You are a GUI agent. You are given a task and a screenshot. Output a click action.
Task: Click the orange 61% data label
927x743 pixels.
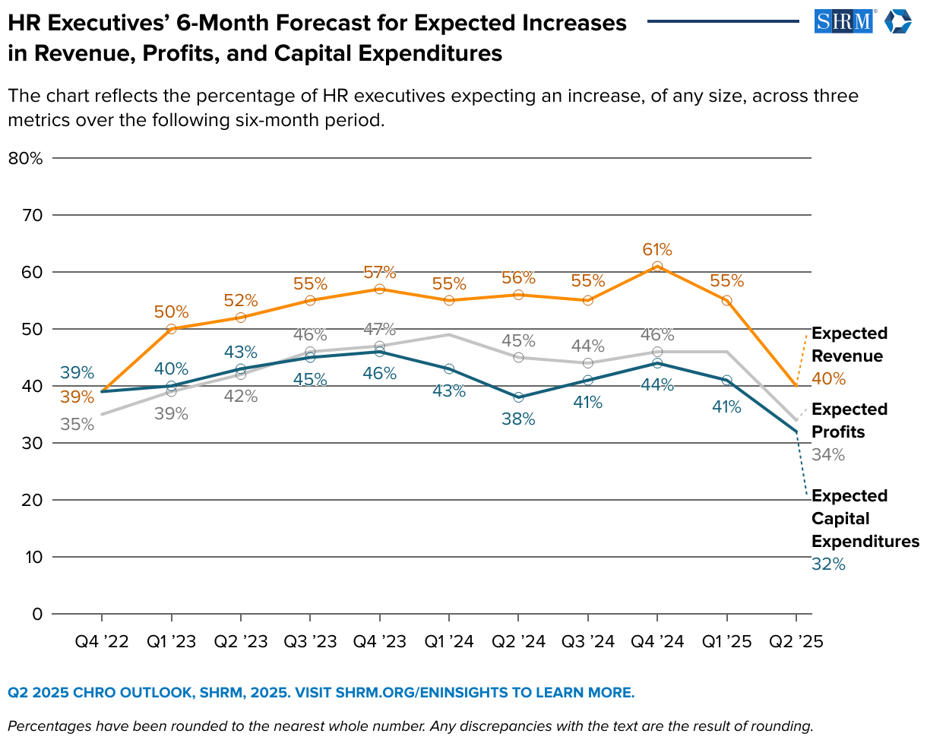[x=657, y=249]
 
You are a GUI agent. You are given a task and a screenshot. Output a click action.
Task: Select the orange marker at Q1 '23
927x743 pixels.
[x=171, y=329]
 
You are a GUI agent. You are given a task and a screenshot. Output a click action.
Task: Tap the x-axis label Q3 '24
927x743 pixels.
[x=587, y=642]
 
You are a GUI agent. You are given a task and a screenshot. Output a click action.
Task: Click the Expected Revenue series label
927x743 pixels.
[x=849, y=345]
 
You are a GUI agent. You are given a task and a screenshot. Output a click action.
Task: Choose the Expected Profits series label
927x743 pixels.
[x=849, y=420]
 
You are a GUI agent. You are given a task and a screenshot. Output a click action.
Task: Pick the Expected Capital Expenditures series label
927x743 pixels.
[x=865, y=518]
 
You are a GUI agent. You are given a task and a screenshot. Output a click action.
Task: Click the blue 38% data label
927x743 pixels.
[x=518, y=419]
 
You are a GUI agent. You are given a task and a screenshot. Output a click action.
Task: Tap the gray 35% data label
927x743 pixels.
[x=78, y=425]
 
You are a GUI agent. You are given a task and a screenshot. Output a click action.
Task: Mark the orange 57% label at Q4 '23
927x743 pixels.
[x=380, y=272]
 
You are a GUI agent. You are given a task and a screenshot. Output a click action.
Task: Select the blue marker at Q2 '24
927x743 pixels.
[x=518, y=397]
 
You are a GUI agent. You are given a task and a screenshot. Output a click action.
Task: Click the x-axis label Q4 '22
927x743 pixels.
[x=101, y=642]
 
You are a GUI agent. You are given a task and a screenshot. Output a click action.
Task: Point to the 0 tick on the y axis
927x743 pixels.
[x=36, y=614]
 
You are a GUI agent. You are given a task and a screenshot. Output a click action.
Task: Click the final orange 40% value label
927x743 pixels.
[x=828, y=378]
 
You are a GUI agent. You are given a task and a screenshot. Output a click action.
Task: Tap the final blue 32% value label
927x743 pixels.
[x=828, y=564]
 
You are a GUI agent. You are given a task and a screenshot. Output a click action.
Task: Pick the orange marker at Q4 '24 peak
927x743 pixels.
[x=657, y=267]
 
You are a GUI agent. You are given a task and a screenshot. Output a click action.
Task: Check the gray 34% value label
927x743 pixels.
[x=828, y=455]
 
